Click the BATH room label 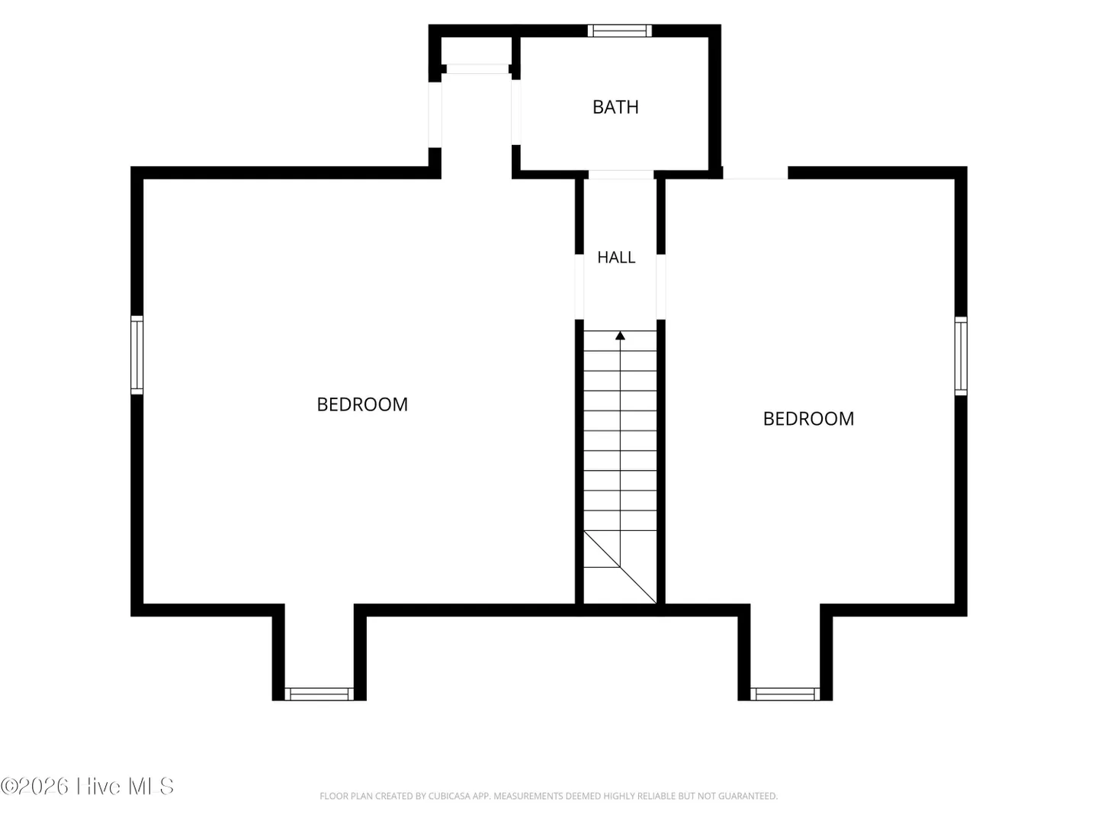point(615,107)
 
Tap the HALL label point(616,257)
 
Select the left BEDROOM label point(362,404)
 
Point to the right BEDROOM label point(808,419)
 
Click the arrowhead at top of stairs point(620,336)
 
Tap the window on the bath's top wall point(620,31)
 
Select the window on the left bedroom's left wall point(137,355)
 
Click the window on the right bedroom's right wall point(961,356)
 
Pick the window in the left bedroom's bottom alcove point(319,694)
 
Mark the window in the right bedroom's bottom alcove point(785,694)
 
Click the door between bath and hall point(621,175)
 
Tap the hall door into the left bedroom point(579,287)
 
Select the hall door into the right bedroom point(661,287)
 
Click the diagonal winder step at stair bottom point(620,567)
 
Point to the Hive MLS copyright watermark point(88,786)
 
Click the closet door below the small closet point(478,69)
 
